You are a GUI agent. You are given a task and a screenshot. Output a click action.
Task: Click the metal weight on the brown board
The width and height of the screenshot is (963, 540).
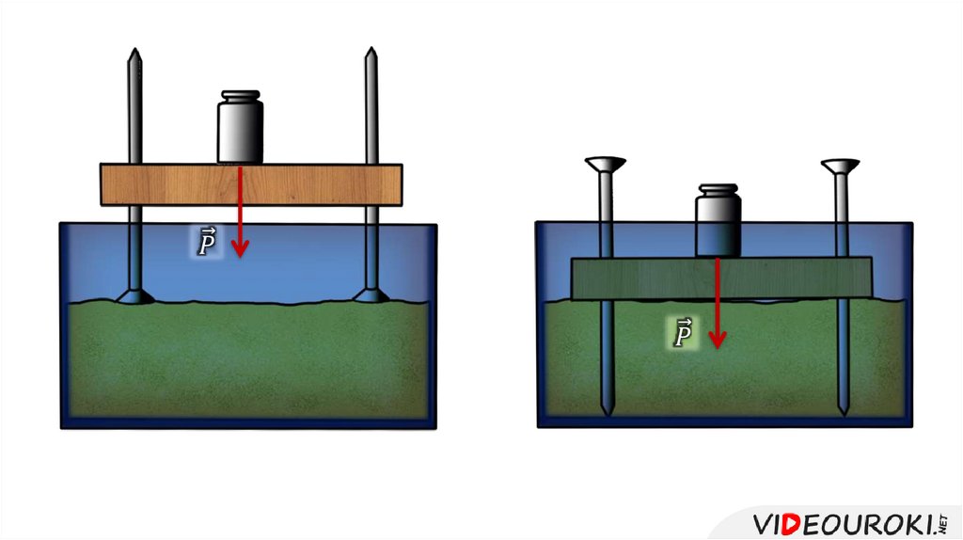pos(240,132)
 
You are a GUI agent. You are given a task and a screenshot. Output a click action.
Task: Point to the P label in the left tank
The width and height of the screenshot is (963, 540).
pos(207,244)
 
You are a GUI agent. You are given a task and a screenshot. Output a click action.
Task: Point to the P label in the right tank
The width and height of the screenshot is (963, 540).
pos(684,333)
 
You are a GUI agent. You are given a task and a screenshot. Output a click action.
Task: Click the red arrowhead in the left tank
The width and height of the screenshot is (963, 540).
pos(241,248)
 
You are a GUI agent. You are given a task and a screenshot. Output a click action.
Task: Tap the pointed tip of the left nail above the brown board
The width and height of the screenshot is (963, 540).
pos(134,55)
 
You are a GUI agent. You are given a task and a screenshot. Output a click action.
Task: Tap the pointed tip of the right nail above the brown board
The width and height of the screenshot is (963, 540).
pos(371,55)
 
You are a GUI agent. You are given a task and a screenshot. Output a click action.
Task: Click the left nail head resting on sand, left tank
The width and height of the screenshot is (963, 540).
pos(134,296)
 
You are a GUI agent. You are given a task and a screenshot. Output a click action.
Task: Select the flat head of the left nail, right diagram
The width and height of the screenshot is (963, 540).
pos(606,166)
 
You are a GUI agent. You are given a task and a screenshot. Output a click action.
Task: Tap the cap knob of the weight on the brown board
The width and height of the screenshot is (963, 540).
pos(240,97)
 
